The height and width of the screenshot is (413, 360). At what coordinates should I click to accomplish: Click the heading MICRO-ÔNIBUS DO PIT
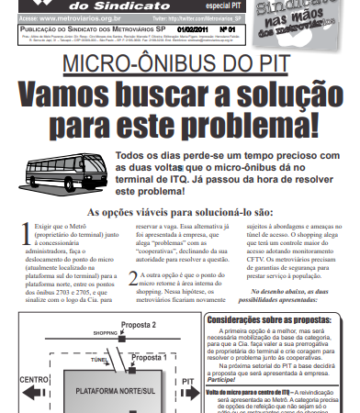(x=179, y=67)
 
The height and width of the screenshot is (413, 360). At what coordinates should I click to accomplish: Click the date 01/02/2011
(x=218, y=28)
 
